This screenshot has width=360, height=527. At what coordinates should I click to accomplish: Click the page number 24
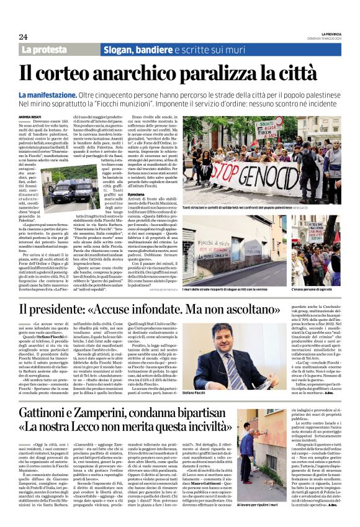coord(23,37)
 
